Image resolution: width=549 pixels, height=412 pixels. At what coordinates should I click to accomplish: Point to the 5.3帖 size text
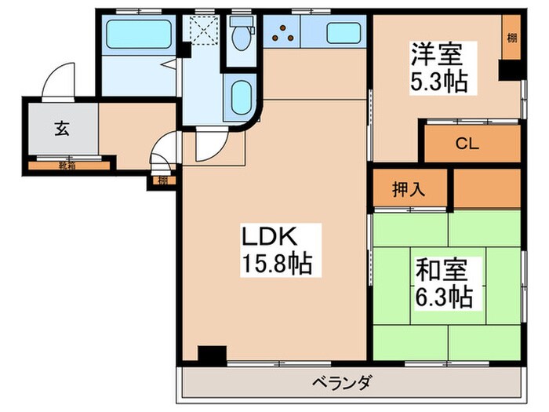pos(437,81)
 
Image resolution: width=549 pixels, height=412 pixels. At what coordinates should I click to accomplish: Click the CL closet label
pos(468,144)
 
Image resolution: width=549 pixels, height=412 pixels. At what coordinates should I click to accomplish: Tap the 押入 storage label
pos(409,189)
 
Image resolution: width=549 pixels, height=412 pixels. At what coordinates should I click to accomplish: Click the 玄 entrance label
pos(61,129)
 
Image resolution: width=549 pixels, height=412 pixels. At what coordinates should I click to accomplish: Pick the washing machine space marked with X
pos(202,34)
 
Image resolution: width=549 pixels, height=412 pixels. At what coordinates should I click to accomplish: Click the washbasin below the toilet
pos(238,97)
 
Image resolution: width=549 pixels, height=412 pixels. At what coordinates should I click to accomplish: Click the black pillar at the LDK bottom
pos(211,354)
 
